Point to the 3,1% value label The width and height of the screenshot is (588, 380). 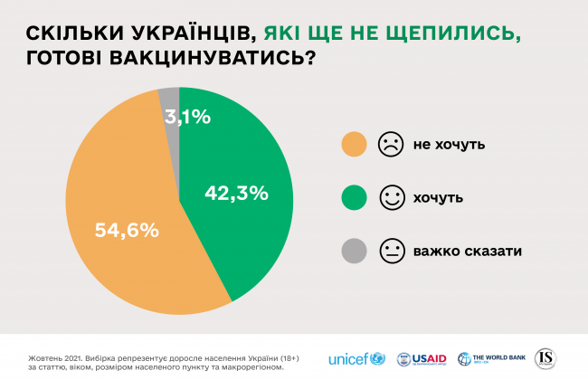pyautogui.click(x=187, y=116)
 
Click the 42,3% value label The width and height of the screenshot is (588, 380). pyautogui.click(x=236, y=192)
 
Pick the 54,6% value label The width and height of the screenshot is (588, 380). pyautogui.click(x=127, y=230)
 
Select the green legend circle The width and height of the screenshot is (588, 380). pyautogui.click(x=354, y=197)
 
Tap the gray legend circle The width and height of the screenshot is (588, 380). pyautogui.click(x=354, y=250)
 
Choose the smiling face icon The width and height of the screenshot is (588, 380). pyautogui.click(x=391, y=197)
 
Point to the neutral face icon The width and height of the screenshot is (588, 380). pyautogui.click(x=391, y=250)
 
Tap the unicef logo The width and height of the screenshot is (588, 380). pyautogui.click(x=355, y=357)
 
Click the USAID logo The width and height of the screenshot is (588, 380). pyautogui.click(x=421, y=357)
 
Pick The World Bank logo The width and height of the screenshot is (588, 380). pyautogui.click(x=493, y=357)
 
